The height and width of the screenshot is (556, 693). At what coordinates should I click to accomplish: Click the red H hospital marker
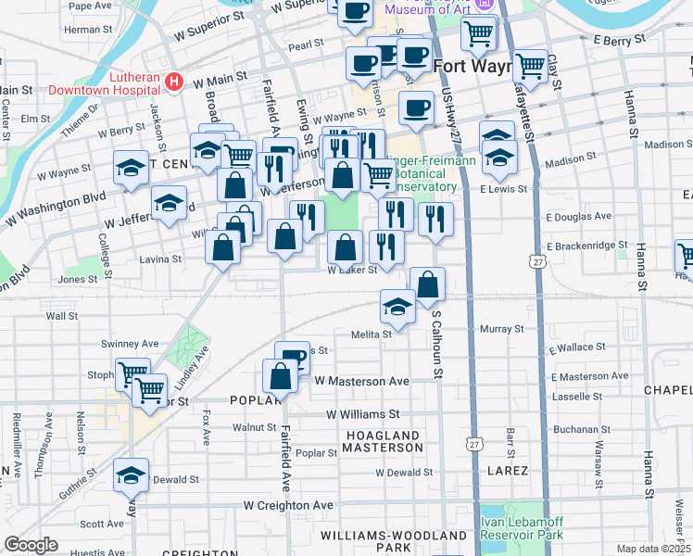[x=172, y=83]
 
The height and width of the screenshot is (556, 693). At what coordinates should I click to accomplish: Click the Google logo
[x=31, y=545]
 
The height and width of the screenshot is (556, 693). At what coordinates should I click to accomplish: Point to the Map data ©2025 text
[x=654, y=549]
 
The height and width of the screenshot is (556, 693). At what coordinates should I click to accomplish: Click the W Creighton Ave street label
[x=288, y=505]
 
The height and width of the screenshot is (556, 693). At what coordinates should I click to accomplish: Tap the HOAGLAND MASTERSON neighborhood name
[x=382, y=441]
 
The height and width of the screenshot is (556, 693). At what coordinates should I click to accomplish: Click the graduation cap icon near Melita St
[x=397, y=307]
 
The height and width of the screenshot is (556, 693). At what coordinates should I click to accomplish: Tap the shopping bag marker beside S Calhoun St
[x=427, y=285]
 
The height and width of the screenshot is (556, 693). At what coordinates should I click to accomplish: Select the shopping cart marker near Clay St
[x=530, y=66]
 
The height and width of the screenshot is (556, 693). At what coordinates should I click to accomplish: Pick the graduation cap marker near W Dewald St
[x=131, y=474]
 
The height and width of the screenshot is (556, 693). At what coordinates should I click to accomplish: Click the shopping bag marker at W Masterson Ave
[x=280, y=376]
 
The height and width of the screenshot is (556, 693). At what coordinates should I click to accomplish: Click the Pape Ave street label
[x=91, y=6]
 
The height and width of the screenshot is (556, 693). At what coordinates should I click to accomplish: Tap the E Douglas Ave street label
[x=579, y=216]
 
